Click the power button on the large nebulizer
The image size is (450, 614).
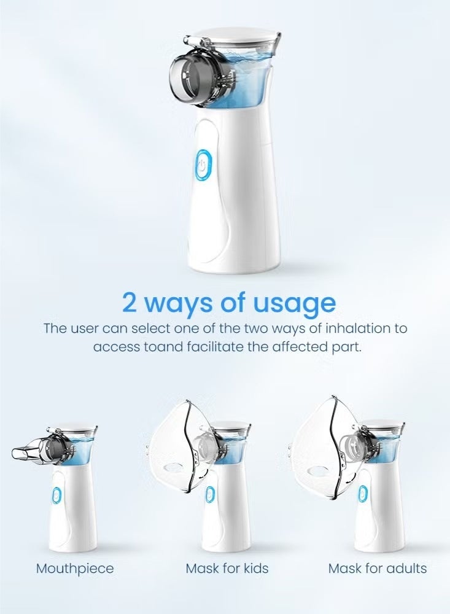(203, 165)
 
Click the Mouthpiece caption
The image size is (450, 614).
(75, 569)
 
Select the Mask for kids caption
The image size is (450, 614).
(227, 568)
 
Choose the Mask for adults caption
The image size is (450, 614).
(378, 568)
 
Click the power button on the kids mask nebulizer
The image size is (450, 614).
(209, 495)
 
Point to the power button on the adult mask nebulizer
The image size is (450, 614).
(362, 494)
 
